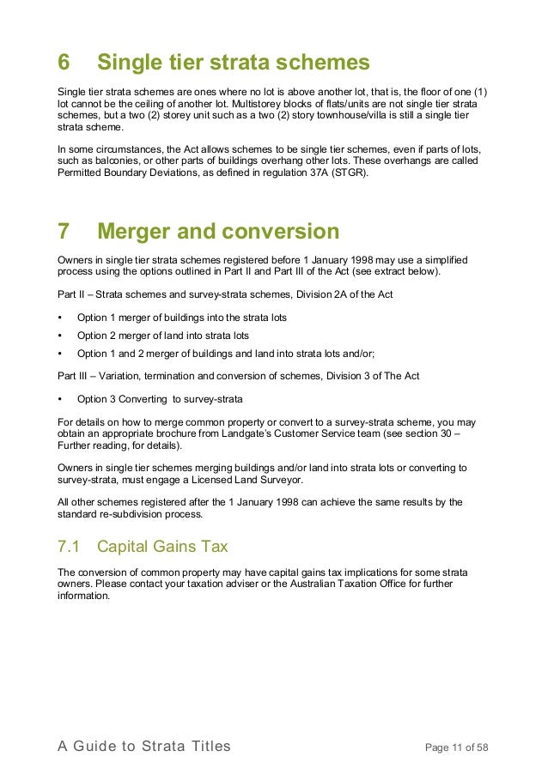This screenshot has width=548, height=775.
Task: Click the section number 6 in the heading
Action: tap(64, 63)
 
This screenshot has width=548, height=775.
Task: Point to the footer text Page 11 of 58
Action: tap(457, 748)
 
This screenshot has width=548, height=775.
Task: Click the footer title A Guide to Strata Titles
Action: tap(144, 747)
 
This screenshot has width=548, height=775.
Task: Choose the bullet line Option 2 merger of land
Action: tap(162, 336)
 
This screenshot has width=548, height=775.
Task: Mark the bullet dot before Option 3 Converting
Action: tap(60, 399)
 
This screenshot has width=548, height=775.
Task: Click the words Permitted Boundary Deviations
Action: tap(127, 173)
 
